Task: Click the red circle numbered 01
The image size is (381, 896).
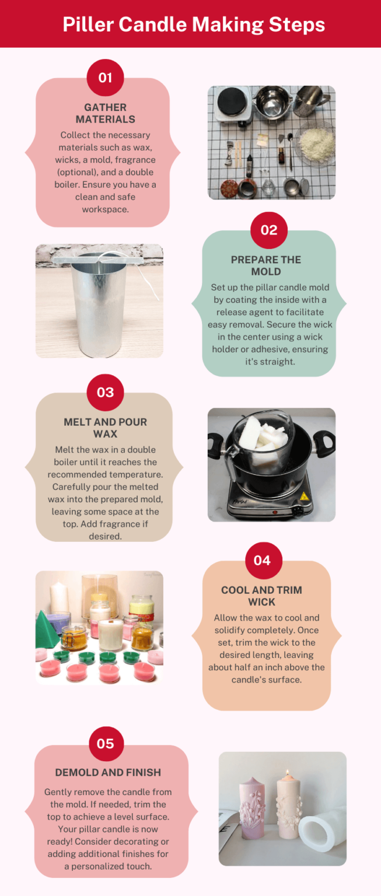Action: (x=105, y=77)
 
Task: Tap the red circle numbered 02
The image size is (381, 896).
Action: (x=269, y=229)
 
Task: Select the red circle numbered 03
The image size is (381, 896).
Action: (x=105, y=392)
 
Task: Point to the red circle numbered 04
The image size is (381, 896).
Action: (x=262, y=560)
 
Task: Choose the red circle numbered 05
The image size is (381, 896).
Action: (x=105, y=744)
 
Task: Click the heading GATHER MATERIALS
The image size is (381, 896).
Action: (x=105, y=113)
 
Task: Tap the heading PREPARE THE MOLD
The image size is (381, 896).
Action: (x=266, y=265)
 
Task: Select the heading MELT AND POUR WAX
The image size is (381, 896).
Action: (x=105, y=428)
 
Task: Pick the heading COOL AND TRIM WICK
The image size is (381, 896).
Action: (x=261, y=596)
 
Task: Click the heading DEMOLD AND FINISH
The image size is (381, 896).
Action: (x=108, y=772)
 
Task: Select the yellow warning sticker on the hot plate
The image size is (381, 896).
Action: (x=304, y=496)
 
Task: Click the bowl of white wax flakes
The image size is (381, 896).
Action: (x=314, y=139)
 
